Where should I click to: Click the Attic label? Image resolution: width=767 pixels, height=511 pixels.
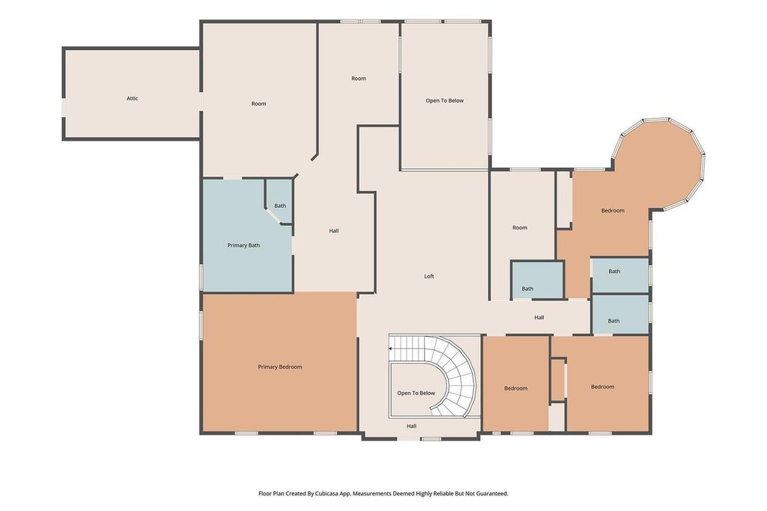click(132, 99)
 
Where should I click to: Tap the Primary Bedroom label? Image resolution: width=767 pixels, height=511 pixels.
click(279, 367)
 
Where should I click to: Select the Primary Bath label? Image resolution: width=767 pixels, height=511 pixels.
click(243, 245)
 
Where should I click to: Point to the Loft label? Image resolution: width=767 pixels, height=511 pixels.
click(429, 277)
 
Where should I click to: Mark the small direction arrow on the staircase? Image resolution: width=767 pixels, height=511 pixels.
click(391, 349)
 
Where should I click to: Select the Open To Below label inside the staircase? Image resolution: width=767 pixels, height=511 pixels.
click(416, 393)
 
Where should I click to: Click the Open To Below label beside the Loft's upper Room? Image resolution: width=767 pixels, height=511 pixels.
click(445, 100)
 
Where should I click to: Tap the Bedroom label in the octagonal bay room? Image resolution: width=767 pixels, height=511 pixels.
click(613, 211)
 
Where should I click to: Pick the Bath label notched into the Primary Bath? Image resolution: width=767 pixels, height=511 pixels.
click(279, 206)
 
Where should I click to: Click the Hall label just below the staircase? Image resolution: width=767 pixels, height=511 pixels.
click(411, 426)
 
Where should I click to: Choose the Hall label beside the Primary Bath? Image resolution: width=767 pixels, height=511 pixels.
click(334, 231)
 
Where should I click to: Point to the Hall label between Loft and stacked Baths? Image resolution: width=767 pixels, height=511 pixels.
click(539, 318)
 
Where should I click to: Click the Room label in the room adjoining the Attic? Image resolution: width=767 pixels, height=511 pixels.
click(258, 104)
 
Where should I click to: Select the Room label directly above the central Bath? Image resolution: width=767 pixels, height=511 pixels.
click(520, 228)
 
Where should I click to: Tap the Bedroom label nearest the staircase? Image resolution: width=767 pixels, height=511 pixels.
click(515, 388)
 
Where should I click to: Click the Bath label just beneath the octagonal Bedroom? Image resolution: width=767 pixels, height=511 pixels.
click(614, 272)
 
